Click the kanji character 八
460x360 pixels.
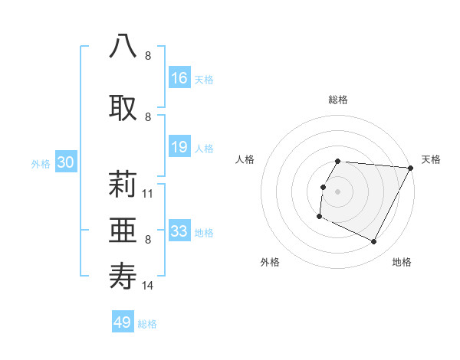(123, 46)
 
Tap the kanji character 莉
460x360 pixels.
(123, 185)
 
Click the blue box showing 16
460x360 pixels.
(179, 78)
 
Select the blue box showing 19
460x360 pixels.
(179, 148)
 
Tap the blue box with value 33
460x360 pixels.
(179, 231)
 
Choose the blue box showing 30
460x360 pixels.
(66, 162)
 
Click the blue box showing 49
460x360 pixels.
(123, 322)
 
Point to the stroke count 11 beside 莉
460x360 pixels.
(148, 194)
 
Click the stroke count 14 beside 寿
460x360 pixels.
(148, 286)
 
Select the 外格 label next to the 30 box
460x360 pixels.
(41, 163)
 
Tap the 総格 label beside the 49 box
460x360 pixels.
(147, 324)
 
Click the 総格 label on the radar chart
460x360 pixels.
(338, 100)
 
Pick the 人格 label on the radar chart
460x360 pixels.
(245, 159)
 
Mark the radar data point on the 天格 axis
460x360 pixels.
(411, 168)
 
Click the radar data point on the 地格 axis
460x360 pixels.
(374, 242)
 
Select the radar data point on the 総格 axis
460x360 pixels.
(338, 162)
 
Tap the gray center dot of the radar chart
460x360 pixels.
(338, 191)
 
